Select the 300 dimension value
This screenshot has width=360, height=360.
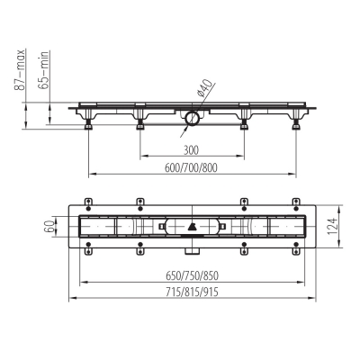[x=190, y=150]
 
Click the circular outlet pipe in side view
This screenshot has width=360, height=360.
[x=191, y=116]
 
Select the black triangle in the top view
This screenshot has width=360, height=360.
[x=192, y=228]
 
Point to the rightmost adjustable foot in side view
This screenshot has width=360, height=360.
[x=293, y=125]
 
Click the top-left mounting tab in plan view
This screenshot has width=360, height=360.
[x=87, y=202]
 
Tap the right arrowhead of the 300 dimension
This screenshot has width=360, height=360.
[x=241, y=156]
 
